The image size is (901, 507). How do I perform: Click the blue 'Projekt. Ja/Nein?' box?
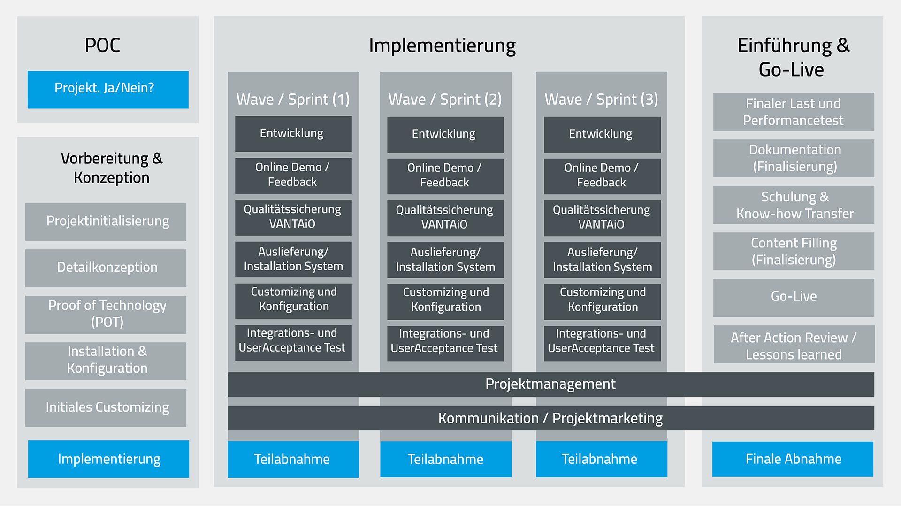[x=108, y=90]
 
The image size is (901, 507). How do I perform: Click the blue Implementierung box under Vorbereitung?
[x=108, y=459]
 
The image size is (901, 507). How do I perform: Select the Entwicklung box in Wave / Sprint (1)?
[x=293, y=134]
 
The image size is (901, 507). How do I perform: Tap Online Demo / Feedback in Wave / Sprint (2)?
[x=445, y=176]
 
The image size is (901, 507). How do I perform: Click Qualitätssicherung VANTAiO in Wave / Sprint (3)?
[x=602, y=218]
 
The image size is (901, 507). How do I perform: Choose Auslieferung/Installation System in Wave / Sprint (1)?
[x=293, y=260]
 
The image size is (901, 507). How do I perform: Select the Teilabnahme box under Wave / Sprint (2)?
[x=446, y=459]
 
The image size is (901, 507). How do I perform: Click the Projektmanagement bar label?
[x=550, y=384]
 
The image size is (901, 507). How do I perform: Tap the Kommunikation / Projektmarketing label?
[x=550, y=418]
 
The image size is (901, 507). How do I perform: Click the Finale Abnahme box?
[x=793, y=459]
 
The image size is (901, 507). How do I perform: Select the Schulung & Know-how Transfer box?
[x=794, y=205]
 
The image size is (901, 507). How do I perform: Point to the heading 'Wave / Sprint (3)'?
[x=601, y=100]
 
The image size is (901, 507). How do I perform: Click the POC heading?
[x=102, y=46]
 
